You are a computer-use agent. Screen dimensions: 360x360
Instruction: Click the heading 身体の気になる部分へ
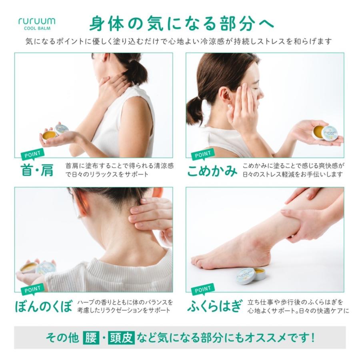coord(181,23)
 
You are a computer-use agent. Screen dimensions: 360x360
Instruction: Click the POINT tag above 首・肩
coord(32,154)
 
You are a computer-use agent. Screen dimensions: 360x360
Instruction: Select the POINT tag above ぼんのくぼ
coord(32,289)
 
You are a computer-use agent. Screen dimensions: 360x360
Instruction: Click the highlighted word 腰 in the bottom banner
coord(90,338)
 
